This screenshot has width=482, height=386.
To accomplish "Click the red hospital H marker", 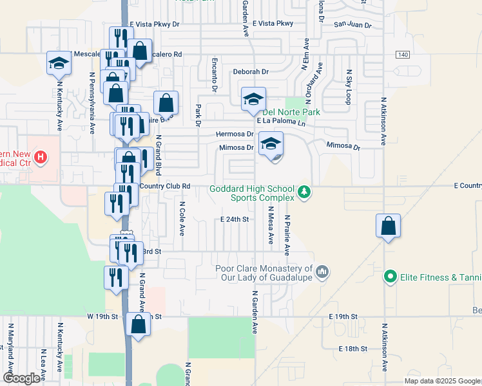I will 41,157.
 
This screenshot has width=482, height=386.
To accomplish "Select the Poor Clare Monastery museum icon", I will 323,272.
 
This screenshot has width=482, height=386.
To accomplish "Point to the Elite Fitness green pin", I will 389,277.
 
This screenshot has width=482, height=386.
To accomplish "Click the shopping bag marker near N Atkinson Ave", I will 388,226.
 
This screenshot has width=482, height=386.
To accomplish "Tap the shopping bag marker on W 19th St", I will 138,324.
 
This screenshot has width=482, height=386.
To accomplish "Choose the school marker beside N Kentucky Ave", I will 58,63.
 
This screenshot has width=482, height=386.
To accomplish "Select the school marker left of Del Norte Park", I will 253,100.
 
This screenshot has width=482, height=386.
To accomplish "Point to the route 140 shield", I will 403,55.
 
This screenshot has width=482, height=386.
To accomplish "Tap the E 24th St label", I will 234,219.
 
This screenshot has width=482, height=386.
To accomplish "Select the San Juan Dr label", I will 352,25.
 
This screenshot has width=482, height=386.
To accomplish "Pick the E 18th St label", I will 352,348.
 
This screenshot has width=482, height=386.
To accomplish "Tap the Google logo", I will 21,378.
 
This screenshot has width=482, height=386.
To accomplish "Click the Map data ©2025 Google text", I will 441,381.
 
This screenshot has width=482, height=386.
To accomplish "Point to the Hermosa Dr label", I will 234,134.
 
